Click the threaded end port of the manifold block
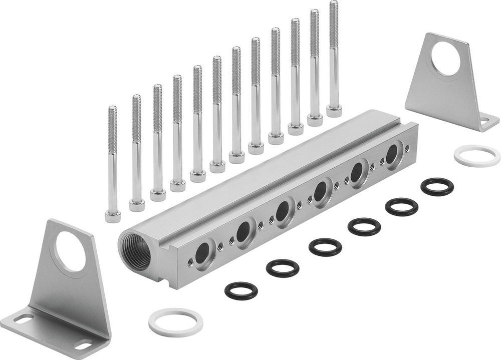(x=136, y=251)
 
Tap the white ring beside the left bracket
(x=176, y=322)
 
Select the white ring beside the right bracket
(x=477, y=156)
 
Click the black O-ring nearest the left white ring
(x=241, y=290)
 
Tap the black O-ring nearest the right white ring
(x=437, y=186)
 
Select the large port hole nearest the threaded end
(x=203, y=253)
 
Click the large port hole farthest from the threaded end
(x=392, y=152)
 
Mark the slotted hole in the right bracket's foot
(x=483, y=121)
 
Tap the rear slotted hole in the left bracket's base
(x=24, y=318)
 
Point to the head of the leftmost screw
(x=113, y=216)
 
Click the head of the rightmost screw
(x=334, y=110)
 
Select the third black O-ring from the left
(x=325, y=247)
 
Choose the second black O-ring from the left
(x=283, y=268)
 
